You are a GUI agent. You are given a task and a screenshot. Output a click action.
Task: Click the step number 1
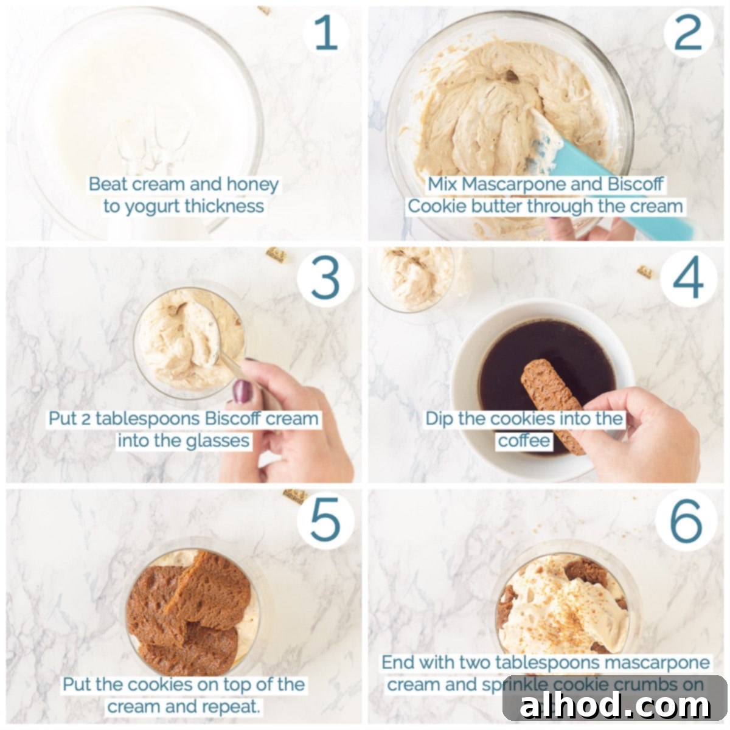[326, 33]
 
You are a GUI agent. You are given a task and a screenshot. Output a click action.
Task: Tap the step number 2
[688, 33]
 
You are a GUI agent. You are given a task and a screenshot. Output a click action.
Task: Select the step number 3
[325, 279]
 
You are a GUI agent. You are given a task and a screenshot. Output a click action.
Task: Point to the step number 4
[688, 279]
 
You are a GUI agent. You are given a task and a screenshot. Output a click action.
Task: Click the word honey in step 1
[252, 185]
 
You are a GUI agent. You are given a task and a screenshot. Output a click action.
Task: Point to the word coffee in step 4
[524, 440]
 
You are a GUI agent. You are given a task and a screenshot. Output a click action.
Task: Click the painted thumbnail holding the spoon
[243, 391]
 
